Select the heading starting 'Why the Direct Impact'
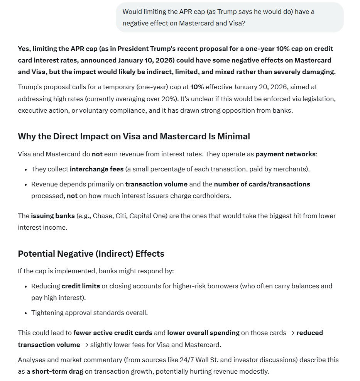[x=134, y=136]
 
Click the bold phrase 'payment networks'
[x=286, y=154]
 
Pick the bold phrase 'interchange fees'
[x=97, y=169]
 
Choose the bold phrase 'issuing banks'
[x=53, y=216]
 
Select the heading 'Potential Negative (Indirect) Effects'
[x=91, y=254]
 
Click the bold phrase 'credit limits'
[x=81, y=286]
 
